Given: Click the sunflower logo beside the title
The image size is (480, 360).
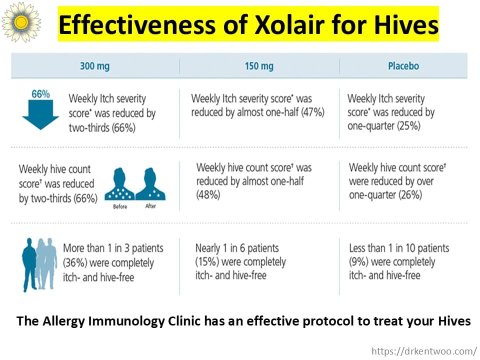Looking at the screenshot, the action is point(21,22).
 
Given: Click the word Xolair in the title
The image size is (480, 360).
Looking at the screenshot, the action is point(289,24).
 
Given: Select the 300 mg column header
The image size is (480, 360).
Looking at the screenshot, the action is point(95,66).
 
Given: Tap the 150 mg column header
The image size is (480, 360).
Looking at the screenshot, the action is point(259,66).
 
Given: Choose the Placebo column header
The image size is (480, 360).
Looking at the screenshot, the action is point(403,66).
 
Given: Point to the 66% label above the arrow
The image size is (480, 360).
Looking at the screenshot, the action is point(40,94).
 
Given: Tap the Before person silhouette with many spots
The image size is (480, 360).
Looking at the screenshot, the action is point(119,184).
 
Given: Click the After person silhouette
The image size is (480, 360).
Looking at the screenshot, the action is point(150,184).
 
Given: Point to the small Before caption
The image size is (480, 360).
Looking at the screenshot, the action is point(120,206).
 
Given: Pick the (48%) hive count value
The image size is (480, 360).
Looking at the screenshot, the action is point(208,194).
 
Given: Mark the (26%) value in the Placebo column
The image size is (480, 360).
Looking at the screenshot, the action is point(410,194).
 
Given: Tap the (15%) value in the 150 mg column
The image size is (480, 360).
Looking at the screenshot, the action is point(207,262).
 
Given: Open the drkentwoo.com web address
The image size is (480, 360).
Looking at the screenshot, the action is point(424,351).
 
